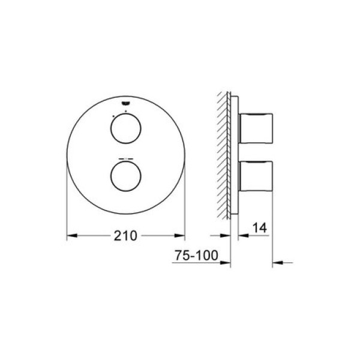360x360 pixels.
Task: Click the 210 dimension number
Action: pyautogui.click(x=125, y=236)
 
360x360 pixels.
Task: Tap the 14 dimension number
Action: pyautogui.click(x=260, y=228)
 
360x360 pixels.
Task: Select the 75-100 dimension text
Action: pyautogui.click(x=196, y=256)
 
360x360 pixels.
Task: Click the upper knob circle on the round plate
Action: pyautogui.click(x=110, y=128)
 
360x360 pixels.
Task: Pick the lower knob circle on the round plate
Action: pyautogui.click(x=110, y=176)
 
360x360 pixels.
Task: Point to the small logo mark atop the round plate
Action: pyautogui.click(x=125, y=104)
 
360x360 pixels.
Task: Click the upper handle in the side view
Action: pyautogui.click(x=256, y=128)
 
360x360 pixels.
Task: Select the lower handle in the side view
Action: pyautogui.click(x=256, y=176)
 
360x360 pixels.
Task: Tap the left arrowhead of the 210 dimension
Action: pyautogui.click(x=71, y=236)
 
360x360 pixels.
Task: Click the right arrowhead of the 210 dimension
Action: pyautogui.click(x=180, y=236)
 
